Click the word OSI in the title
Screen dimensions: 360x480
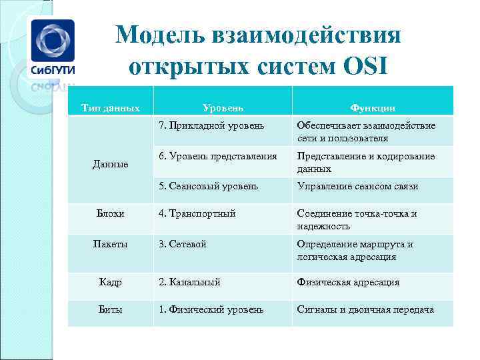click(365, 67)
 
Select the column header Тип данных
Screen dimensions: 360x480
click(111, 107)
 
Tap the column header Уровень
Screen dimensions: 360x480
click(223, 107)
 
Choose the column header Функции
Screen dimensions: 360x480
click(373, 107)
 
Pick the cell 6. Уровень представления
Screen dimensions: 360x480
click(217, 156)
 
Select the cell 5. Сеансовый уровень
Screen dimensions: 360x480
click(208, 186)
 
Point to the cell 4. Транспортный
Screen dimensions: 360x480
click(197, 213)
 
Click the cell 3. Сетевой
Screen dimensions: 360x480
click(182, 244)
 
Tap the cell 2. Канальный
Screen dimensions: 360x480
click(189, 282)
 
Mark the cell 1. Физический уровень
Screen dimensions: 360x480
click(211, 309)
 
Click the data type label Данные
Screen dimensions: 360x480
click(111, 163)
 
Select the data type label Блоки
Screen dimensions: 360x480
click(111, 213)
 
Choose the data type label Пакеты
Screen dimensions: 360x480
click(111, 244)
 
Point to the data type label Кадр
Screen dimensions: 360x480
click(111, 282)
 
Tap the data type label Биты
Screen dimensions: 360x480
click(111, 309)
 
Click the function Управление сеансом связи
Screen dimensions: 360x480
click(357, 186)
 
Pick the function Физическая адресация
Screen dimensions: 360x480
click(348, 282)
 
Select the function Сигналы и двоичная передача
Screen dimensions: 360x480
click(365, 309)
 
